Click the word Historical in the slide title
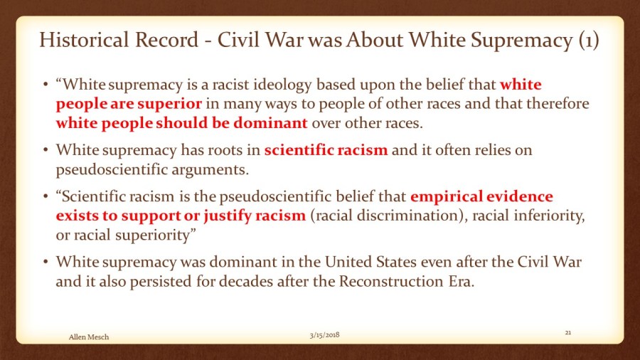coord(84,40)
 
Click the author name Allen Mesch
coord(89,337)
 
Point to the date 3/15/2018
coord(324,335)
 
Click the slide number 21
coord(568,333)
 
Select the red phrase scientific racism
coord(326,150)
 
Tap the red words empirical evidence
coord(481,196)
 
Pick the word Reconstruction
coord(391,281)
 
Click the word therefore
coord(558,103)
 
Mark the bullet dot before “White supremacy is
coord(46,85)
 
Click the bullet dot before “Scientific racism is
coord(46,197)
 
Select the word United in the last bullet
coord(351,262)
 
